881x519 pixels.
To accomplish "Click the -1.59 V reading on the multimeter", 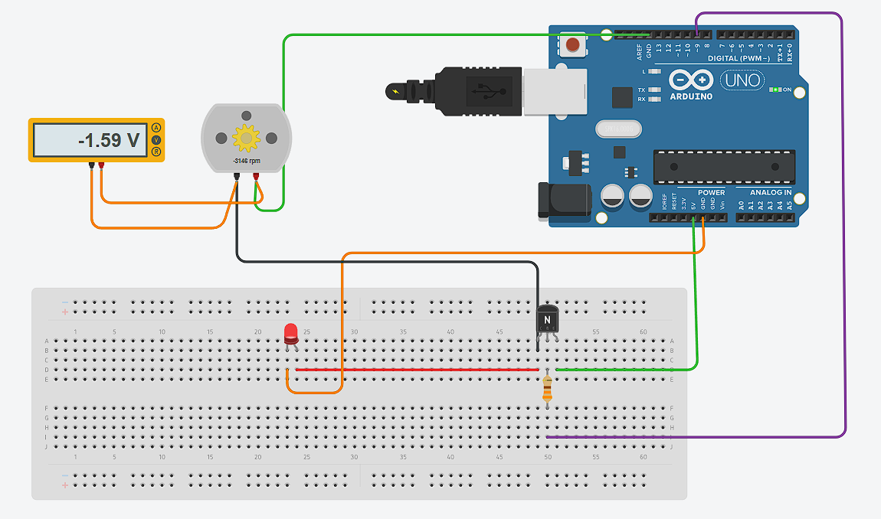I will click(x=109, y=141).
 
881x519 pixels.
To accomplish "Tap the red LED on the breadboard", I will click(x=290, y=334).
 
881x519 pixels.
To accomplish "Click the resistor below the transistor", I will click(x=546, y=389).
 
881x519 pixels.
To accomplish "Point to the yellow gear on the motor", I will click(x=246, y=138).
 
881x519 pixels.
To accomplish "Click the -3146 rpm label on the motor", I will click(x=246, y=162).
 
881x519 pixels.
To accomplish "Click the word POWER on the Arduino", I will click(x=711, y=193).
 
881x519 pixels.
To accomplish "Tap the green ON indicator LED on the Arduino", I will click(x=775, y=90).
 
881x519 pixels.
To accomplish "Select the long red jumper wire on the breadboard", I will click(x=417, y=370).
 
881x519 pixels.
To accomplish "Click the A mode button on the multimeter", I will click(x=156, y=127).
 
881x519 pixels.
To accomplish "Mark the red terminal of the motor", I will click(x=256, y=178).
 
